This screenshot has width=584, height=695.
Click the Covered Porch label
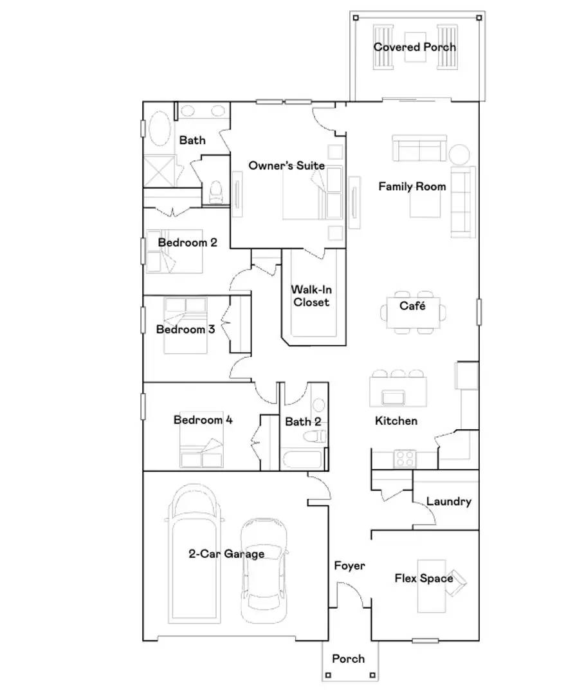coord(414,47)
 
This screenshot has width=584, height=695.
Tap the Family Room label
coord(412,187)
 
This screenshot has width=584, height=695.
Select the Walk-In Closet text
coord(311,296)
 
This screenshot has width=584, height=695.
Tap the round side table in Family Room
coord(460,155)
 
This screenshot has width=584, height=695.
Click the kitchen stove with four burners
coord(405,458)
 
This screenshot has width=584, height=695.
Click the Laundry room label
coord(449,502)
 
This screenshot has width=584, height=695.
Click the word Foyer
coord(349,566)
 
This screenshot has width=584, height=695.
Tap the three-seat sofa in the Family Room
coord(419,149)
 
